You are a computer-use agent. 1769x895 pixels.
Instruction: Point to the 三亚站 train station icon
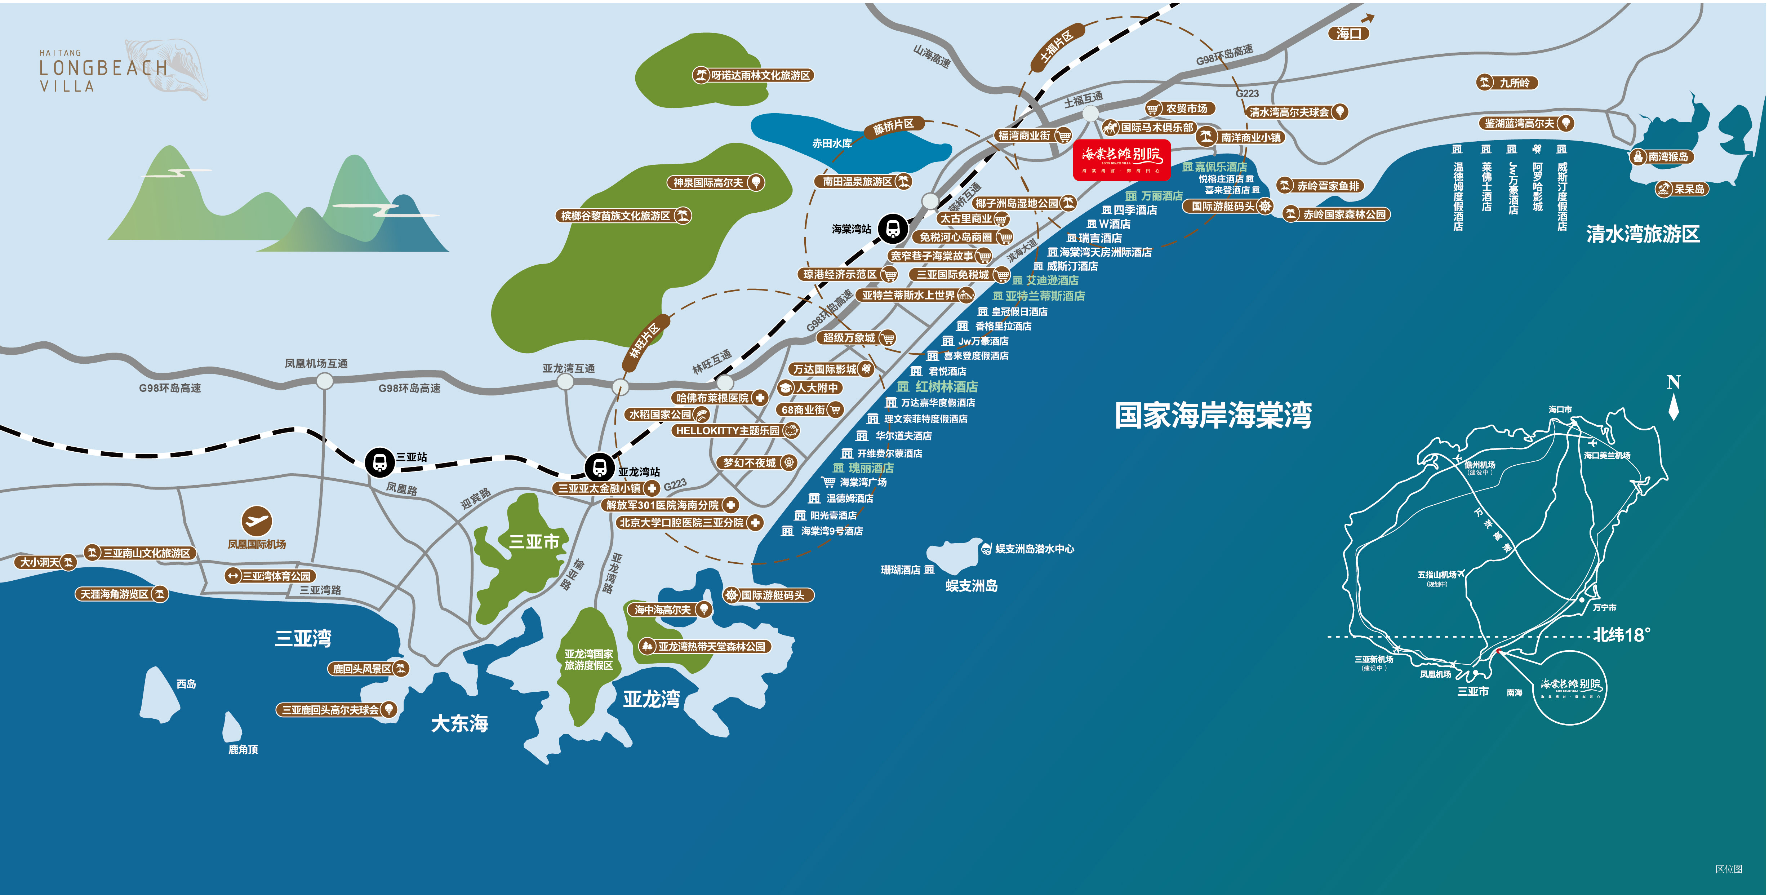tap(380, 462)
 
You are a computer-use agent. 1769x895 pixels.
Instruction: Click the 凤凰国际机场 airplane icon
tap(257, 520)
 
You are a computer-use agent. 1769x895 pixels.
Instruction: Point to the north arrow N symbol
tap(1674, 396)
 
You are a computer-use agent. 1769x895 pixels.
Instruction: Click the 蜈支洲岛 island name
tap(971, 586)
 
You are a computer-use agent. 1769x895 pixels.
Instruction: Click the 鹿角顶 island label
tap(243, 749)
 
